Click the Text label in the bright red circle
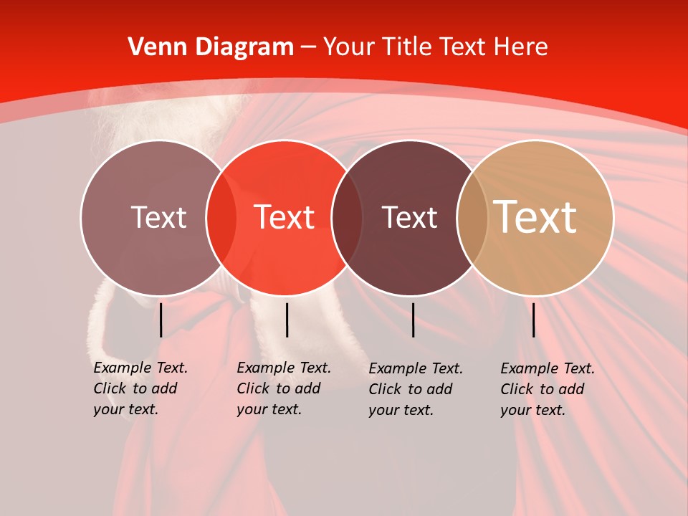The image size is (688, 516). point(285,217)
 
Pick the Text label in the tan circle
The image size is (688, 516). point(535,217)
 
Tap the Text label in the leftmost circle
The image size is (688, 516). point(158,217)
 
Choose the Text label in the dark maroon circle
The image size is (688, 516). point(410,217)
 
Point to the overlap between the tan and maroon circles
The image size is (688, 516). point(469,217)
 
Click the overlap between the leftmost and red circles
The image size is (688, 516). point(221,217)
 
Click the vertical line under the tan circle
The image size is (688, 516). point(534,320)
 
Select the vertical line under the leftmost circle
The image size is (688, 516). point(161,320)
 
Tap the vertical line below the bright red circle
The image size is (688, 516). point(287,320)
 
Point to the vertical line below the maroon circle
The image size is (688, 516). point(414,320)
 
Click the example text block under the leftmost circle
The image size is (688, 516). point(140,388)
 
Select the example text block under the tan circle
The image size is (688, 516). point(547,389)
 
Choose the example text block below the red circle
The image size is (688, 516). point(283,388)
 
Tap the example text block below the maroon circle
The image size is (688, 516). point(415,389)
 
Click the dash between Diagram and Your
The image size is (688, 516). point(308,47)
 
